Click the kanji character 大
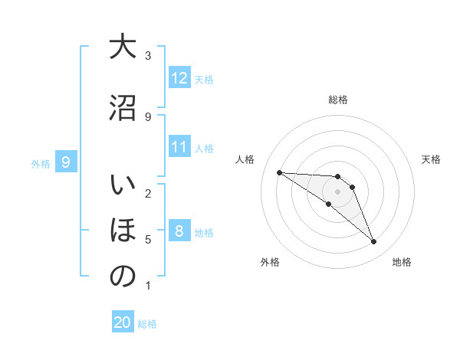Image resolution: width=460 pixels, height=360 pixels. click(123, 47)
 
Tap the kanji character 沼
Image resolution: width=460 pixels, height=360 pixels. click(123, 108)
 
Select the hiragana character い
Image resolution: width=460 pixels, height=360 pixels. click(123, 186)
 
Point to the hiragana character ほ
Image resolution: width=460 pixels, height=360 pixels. click(123, 231)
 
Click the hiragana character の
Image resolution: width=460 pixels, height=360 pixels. click(123, 277)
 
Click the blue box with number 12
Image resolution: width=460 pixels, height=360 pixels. click(179, 78)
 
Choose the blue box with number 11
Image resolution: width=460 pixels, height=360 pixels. click(179, 147)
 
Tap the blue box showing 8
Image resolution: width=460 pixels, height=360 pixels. click(179, 231)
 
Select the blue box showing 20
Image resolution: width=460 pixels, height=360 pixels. click(123, 322)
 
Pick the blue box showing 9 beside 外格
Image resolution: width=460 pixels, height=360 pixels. click(66, 162)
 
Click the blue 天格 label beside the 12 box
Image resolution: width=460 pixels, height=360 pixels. click(204, 79)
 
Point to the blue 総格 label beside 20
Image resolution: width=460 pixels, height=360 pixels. click(147, 323)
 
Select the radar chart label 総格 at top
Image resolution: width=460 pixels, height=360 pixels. click(338, 100)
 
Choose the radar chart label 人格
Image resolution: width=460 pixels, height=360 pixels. click(245, 159)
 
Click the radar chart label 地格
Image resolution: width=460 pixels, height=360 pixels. click(402, 262)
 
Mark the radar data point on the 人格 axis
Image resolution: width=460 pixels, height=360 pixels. click(279, 172)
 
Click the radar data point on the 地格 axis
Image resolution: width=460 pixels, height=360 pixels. click(374, 242)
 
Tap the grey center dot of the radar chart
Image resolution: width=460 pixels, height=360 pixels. click(338, 191)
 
